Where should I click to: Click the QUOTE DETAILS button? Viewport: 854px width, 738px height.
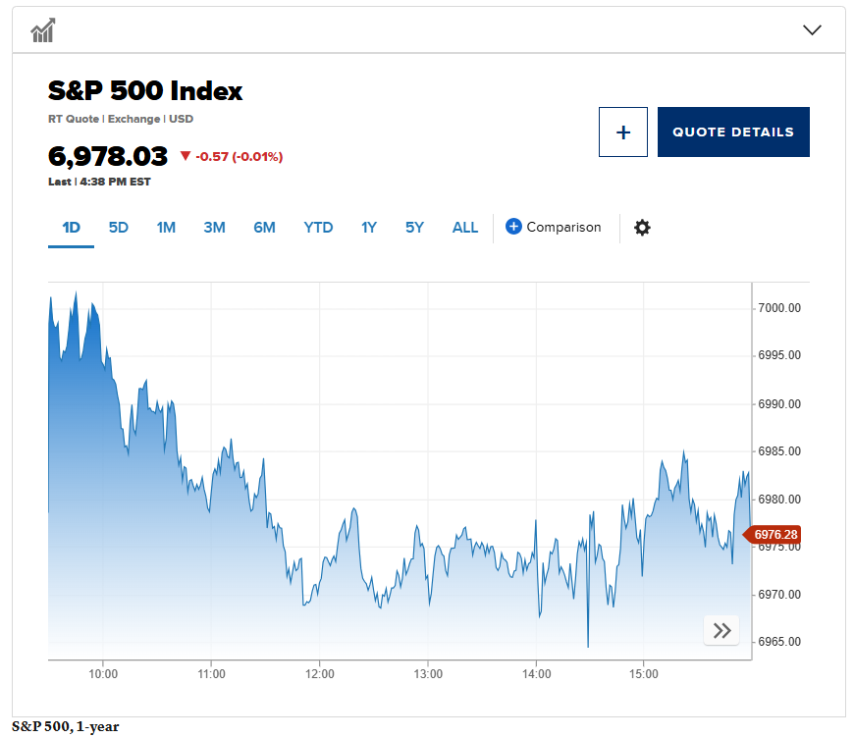pos(733,132)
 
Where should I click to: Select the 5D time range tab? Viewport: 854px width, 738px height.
pos(119,228)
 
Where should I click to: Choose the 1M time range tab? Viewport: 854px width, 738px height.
pos(166,228)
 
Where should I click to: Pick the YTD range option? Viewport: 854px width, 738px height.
pos(318,228)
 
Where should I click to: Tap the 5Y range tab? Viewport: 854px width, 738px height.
pos(414,228)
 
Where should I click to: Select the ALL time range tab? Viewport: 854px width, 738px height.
pos(465,228)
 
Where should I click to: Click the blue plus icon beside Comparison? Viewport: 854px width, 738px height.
pos(513,227)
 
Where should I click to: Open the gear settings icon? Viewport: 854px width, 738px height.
pos(642,228)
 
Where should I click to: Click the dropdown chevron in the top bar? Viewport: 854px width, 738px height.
pos(812,29)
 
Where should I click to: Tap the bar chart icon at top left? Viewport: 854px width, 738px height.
pos(42,31)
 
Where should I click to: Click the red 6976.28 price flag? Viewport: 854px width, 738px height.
pos(775,535)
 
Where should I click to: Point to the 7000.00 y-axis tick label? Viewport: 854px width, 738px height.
pos(780,308)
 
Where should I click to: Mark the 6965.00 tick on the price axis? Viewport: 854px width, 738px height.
pos(780,642)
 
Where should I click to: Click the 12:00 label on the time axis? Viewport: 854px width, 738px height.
pos(320,674)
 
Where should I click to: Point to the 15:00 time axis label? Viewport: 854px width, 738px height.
pos(644,674)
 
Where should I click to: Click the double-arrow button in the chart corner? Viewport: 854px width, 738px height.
pos(721,631)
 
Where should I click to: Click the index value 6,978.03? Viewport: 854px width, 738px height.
pos(108,156)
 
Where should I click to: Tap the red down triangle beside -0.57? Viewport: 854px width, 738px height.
pos(186,156)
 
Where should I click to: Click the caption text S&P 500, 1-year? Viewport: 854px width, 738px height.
pos(65,727)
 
